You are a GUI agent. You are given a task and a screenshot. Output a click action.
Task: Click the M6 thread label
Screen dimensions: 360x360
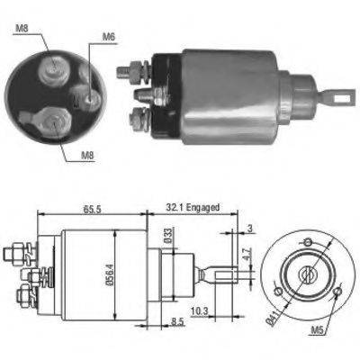pos(109,37)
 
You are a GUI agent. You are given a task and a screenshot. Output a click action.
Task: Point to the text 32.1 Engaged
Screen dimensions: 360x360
pos(191,206)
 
